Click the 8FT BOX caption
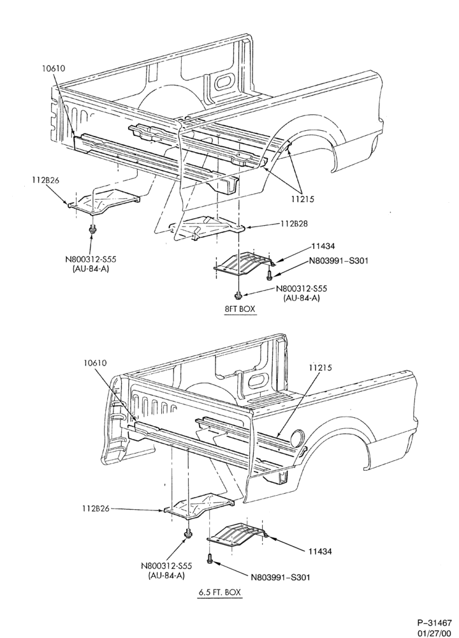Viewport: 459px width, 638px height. click(240, 309)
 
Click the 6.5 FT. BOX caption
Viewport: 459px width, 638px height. click(219, 593)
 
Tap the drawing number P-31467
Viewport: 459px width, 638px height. click(433, 623)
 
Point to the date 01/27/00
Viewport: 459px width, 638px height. click(434, 633)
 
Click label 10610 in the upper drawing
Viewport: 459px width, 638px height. click(54, 68)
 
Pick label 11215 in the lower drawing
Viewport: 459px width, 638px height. click(320, 367)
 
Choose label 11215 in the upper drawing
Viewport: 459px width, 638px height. click(302, 200)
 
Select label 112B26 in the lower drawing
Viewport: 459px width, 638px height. click(96, 508)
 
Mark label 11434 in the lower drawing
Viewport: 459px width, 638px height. click(319, 551)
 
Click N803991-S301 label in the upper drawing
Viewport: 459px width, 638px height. click(339, 261)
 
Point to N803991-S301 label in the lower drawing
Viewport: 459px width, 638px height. click(282, 577)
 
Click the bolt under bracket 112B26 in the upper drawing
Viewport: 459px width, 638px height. click(92, 230)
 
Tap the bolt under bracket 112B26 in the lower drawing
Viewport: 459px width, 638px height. click(188, 534)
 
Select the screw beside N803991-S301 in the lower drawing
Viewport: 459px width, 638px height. click(210, 558)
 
